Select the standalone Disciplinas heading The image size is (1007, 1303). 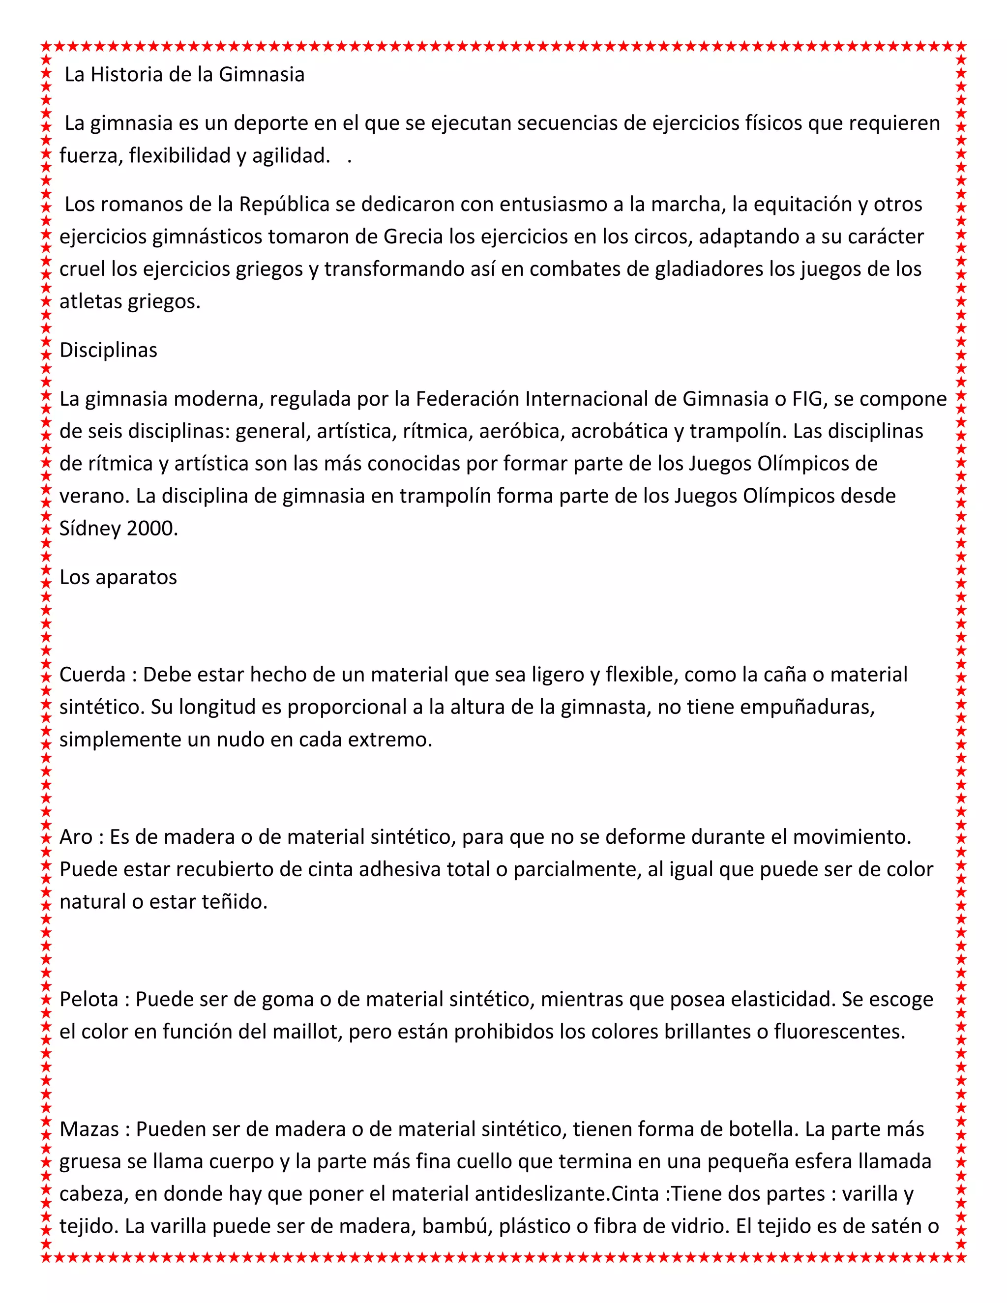[x=108, y=350]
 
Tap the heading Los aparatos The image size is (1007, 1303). [x=118, y=578]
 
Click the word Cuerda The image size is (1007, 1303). [x=92, y=675]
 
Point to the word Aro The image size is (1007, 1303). [x=76, y=837]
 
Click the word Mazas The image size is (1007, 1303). [x=89, y=1129]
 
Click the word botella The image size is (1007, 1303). [x=761, y=1129]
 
